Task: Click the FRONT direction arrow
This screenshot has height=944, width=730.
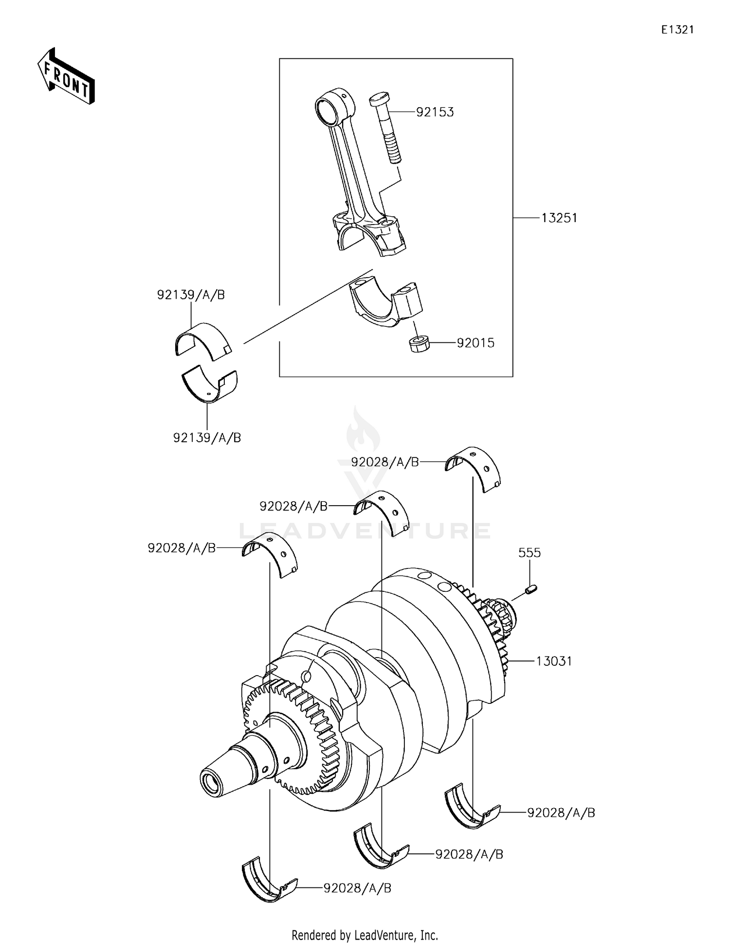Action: point(66,77)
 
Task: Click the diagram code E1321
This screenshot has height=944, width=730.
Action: point(677,30)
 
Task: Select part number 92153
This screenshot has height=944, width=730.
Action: point(435,112)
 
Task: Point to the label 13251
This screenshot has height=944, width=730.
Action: point(559,218)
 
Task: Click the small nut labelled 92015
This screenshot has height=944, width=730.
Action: point(419,344)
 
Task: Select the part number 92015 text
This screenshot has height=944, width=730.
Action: point(475,343)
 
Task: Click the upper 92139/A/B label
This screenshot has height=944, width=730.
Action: point(191,295)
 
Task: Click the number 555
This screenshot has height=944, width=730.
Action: point(529,553)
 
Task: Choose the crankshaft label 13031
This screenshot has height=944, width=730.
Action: point(554,661)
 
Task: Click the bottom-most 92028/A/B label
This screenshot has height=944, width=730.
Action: point(357,888)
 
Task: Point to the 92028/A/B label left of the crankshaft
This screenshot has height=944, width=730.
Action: point(182,548)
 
